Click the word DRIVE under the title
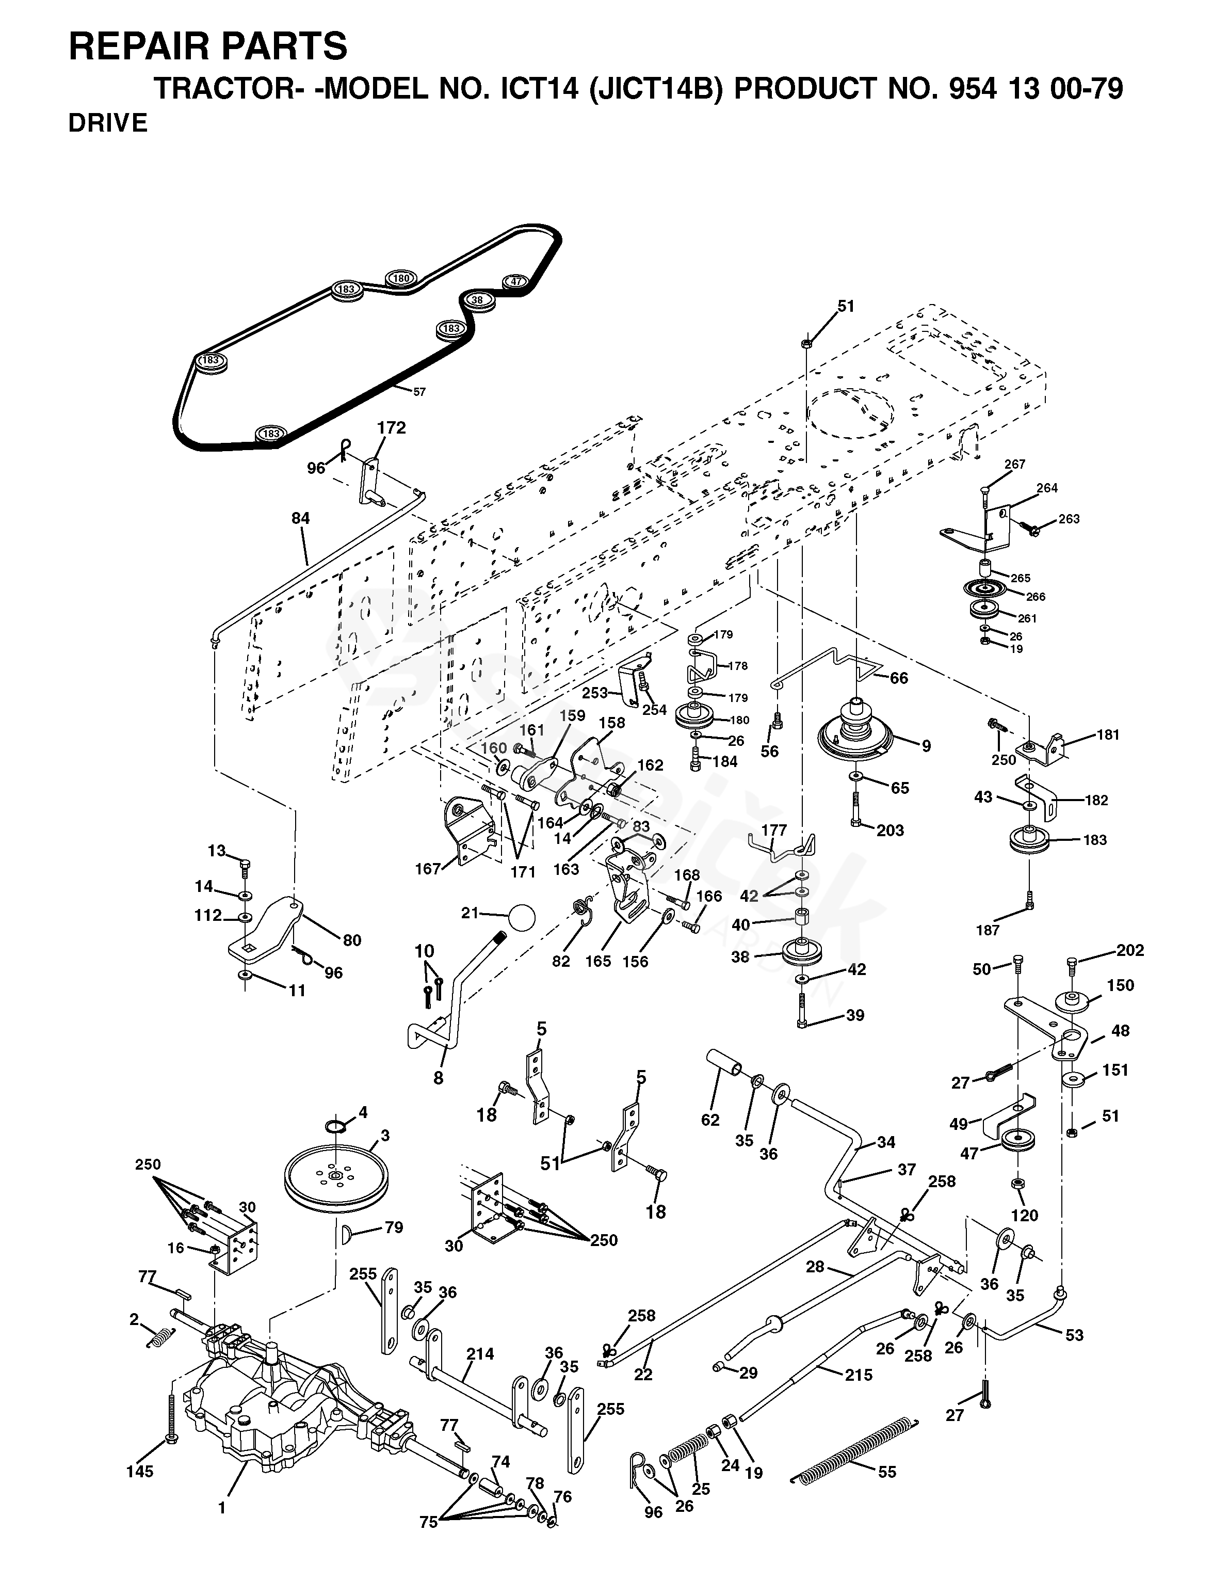(108, 123)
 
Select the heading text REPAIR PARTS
(208, 47)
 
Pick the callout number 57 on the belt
(419, 392)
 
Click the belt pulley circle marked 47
(515, 282)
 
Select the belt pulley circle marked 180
(401, 278)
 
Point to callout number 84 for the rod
(300, 518)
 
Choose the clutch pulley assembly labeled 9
(855, 733)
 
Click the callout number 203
(889, 831)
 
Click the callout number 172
(391, 427)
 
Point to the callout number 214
(480, 1354)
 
